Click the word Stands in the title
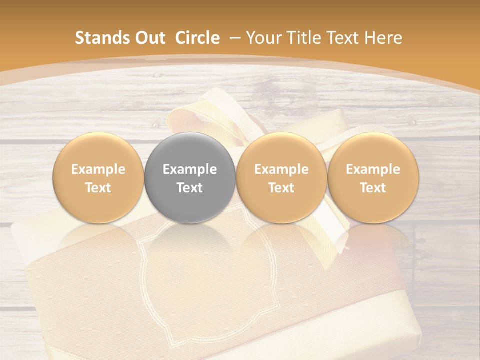click(102, 38)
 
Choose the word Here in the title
click(383, 38)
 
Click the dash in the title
click(235, 38)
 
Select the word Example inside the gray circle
click(190, 169)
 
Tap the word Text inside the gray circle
click(190, 188)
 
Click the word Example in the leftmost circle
click(98, 169)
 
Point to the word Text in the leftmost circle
click(98, 188)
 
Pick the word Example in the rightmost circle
click(373, 169)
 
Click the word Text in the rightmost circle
click(373, 188)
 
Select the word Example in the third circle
click(281, 169)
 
